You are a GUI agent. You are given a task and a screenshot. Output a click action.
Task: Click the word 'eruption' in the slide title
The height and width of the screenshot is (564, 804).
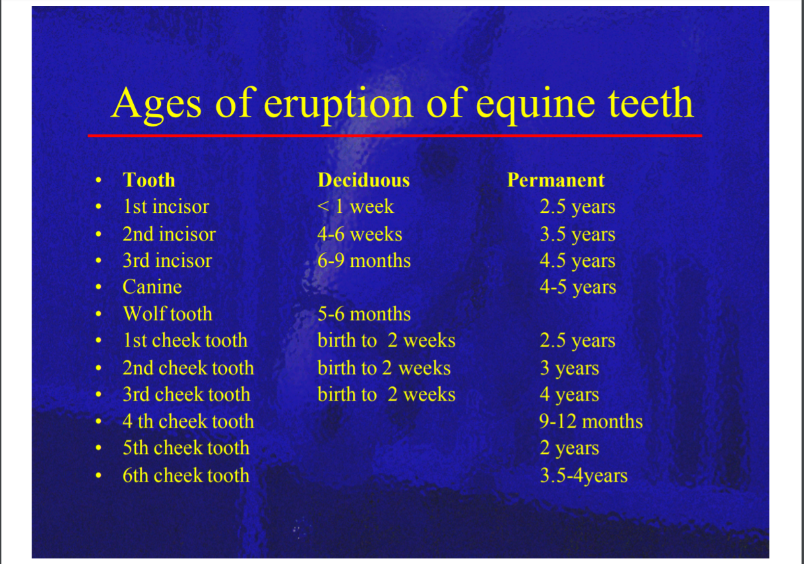(x=338, y=105)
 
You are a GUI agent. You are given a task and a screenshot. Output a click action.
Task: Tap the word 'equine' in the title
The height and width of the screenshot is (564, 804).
(x=535, y=105)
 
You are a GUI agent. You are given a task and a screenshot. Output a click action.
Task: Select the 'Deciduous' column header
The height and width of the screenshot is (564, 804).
(x=363, y=180)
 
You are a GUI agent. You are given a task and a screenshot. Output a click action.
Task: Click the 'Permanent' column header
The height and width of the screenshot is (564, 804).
(x=555, y=180)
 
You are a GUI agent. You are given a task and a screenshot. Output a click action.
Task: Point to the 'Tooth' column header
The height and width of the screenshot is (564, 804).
(x=149, y=180)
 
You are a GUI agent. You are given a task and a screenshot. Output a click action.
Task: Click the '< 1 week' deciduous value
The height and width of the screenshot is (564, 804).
(x=356, y=206)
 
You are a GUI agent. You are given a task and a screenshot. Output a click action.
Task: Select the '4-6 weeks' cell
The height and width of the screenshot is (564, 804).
(x=359, y=234)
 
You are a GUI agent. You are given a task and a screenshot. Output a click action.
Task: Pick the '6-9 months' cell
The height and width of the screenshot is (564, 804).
(x=364, y=261)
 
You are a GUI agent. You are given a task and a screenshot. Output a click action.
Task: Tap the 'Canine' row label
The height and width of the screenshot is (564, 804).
(x=152, y=287)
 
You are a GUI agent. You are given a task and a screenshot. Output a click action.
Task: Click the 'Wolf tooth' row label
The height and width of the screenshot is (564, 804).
(x=168, y=314)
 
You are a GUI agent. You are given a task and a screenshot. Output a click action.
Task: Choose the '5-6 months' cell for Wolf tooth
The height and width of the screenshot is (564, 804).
(x=364, y=314)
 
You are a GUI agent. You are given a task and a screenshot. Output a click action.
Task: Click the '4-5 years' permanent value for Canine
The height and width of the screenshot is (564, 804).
(x=578, y=287)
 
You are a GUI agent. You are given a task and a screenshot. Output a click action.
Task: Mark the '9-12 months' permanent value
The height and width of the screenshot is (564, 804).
(x=591, y=421)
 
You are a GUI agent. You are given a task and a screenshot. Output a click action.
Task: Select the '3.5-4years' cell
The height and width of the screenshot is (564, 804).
(x=584, y=476)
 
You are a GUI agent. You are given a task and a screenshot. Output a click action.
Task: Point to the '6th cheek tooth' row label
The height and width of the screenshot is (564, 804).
(x=186, y=476)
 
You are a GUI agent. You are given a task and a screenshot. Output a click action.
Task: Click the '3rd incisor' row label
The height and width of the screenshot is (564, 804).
(x=168, y=261)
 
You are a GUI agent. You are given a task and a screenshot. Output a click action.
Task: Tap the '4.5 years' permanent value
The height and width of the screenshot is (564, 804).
(x=578, y=261)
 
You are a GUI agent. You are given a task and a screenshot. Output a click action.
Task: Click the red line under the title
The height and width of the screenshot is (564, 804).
(x=395, y=136)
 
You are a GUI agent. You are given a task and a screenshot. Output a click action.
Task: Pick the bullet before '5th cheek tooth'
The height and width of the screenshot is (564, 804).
(x=99, y=448)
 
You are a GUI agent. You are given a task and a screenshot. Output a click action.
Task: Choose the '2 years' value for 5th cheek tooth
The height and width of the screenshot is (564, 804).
(x=569, y=449)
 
